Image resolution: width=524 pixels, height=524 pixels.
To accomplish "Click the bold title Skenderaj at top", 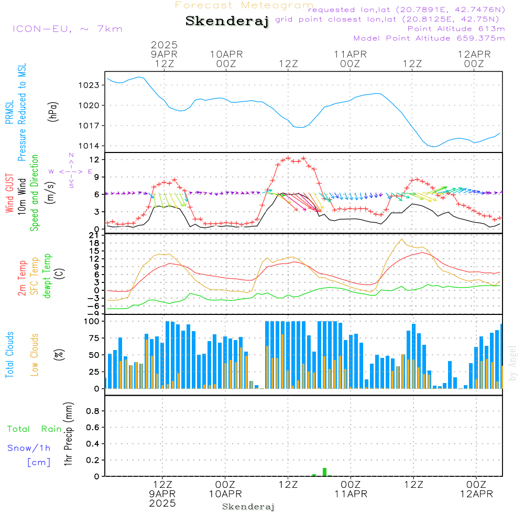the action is [227, 21].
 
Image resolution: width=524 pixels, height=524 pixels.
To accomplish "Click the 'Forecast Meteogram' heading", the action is [244, 5].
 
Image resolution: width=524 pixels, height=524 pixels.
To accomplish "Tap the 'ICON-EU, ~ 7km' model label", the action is [68, 29].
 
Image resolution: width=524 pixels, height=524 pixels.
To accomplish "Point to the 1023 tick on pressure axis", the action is [89, 85].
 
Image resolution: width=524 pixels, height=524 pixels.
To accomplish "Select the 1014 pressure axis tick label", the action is [89, 146].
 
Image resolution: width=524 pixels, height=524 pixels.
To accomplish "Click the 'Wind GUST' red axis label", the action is [9, 193].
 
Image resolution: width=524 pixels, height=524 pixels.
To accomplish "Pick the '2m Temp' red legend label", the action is [21, 278].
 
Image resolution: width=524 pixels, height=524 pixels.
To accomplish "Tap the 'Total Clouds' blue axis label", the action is [9, 355].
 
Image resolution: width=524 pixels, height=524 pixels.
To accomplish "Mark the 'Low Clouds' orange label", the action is [34, 355].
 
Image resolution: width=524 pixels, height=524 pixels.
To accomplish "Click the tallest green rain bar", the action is [324, 472].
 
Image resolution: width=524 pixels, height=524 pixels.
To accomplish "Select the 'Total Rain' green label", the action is [34, 429].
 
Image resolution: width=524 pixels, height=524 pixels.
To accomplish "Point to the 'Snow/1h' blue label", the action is [29, 448].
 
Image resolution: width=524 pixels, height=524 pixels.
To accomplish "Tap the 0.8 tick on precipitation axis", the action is [93, 411].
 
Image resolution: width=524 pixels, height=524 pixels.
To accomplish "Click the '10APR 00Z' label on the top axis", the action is [226, 59].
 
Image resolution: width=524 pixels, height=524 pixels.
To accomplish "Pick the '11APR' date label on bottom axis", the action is [351, 494].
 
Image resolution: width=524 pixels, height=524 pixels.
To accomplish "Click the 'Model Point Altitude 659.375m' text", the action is [429, 38].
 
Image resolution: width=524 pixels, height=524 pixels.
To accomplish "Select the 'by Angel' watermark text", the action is [512, 363].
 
